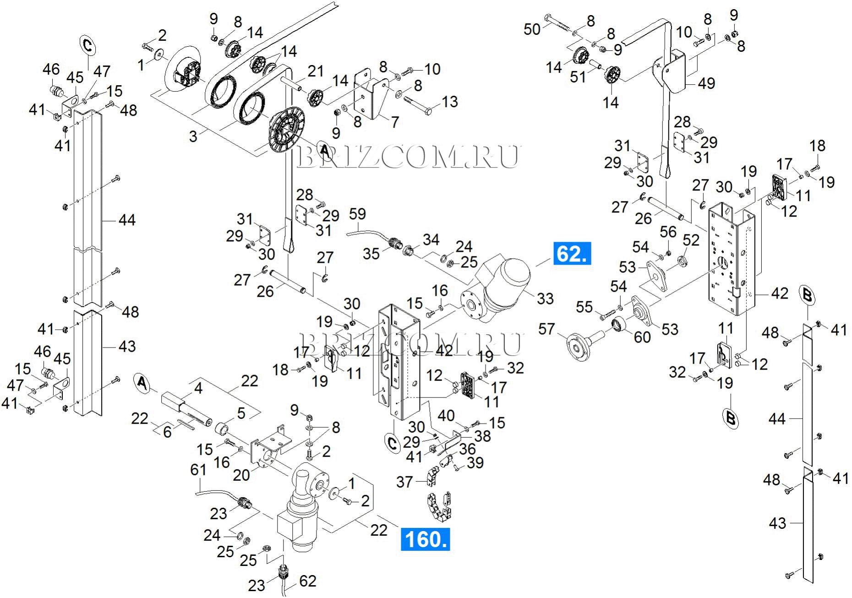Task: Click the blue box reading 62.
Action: (572, 253)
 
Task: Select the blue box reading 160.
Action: (425, 539)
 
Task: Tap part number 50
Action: (532, 29)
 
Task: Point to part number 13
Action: (449, 102)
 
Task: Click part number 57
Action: (546, 329)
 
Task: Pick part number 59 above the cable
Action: (357, 214)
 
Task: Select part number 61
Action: (198, 470)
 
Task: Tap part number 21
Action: (316, 71)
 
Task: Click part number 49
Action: (706, 83)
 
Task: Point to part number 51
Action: (578, 77)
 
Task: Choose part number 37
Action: (404, 482)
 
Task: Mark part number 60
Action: (642, 337)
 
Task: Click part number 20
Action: (241, 475)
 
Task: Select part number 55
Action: (584, 307)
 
